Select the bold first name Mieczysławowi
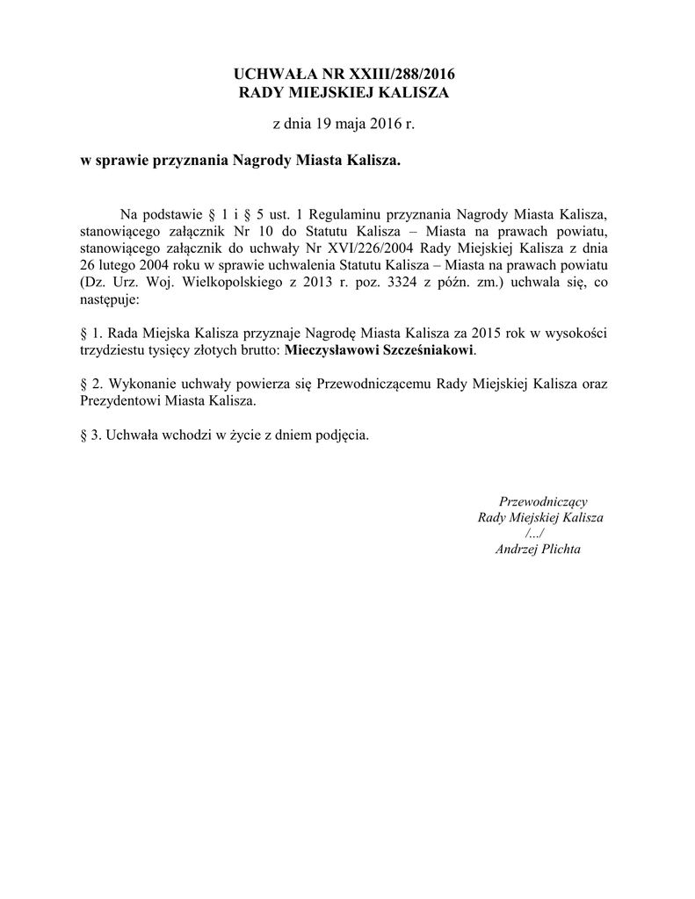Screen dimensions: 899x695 point(330,349)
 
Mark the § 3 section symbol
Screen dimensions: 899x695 point(83,435)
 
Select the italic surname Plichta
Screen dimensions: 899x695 point(561,550)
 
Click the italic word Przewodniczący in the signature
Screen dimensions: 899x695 point(537,501)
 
